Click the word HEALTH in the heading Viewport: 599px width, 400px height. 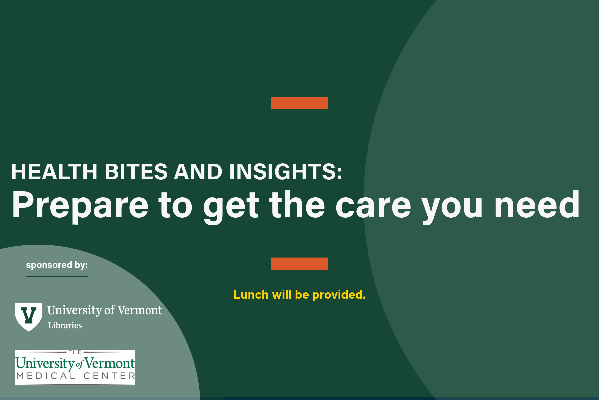point(54,172)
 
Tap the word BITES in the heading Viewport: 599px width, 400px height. point(136,172)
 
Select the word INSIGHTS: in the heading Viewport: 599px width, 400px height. point(285,172)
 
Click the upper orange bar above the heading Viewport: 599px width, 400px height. point(299,103)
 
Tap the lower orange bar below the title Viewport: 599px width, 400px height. point(299,264)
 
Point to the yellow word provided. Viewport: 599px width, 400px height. point(339,295)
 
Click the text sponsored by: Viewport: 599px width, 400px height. point(57,265)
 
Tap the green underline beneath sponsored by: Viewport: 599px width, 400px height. point(57,276)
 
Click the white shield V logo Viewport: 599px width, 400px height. point(29,316)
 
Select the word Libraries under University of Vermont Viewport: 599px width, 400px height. point(65,325)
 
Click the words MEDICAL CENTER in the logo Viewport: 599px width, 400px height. point(76,376)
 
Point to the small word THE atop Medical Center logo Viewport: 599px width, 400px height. point(75,352)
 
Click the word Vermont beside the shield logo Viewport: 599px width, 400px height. point(140,310)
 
